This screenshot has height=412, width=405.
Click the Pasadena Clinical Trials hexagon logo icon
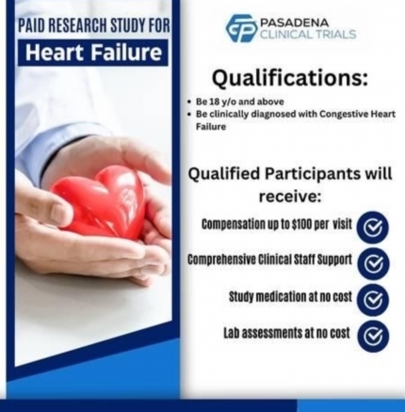pos(242,28)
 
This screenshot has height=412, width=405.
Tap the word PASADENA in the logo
pos(290,23)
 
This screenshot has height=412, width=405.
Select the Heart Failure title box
pos(93,53)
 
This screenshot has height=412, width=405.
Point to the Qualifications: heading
pos(289,78)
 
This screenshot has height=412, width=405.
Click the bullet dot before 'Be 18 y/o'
pos(188,102)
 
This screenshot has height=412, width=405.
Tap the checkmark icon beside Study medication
pos(373,300)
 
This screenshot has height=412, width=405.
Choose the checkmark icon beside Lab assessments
pos(373,337)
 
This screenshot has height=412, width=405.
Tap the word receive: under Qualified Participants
pos(289,197)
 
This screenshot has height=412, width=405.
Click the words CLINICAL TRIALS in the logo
pos(308,34)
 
